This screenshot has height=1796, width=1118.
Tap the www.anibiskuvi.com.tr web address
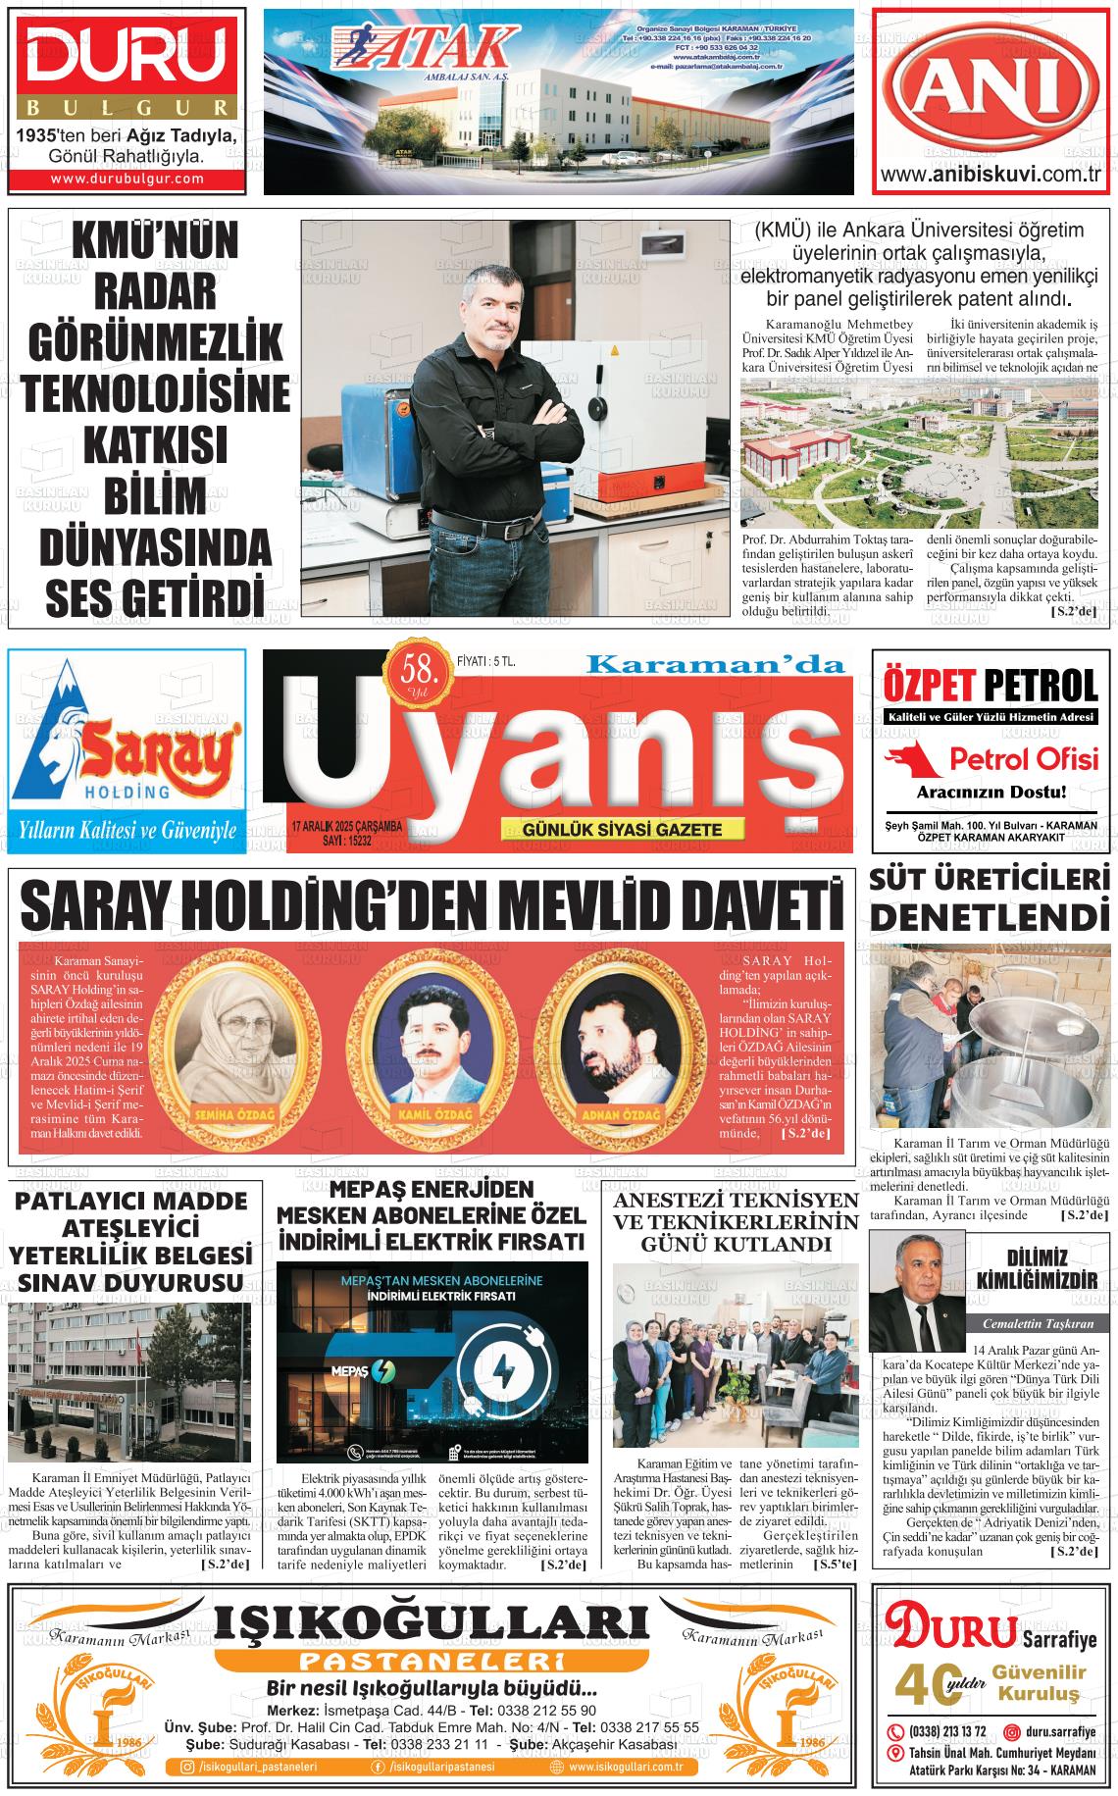(993, 176)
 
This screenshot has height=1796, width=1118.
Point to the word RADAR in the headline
(154, 292)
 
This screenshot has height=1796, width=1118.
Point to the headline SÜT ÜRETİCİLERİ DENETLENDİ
(991, 898)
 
